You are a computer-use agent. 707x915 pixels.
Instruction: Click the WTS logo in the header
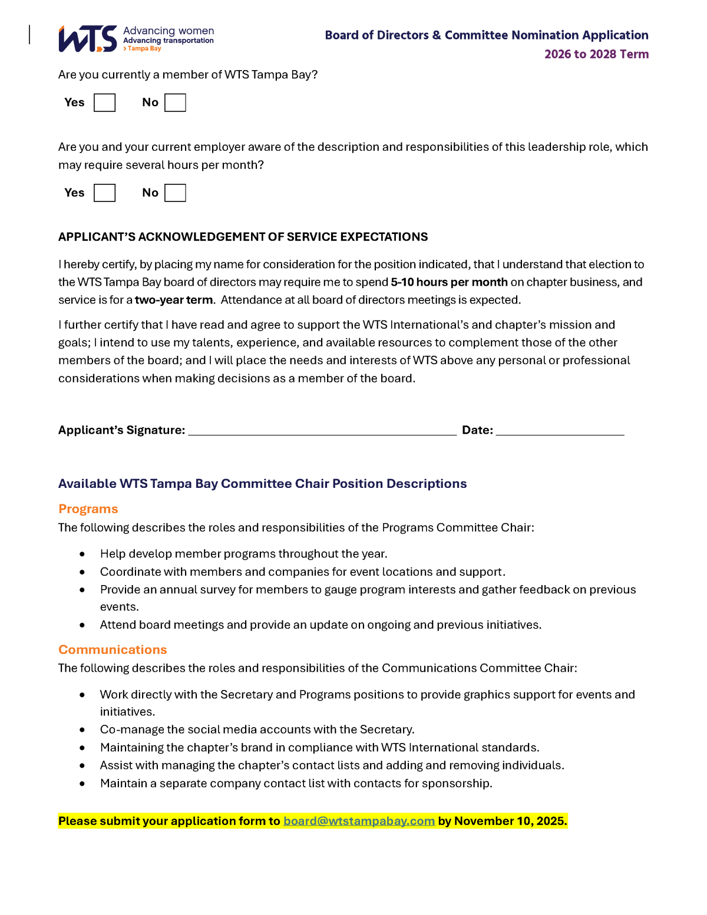click(88, 39)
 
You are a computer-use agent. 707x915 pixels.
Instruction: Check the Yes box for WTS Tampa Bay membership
click(104, 103)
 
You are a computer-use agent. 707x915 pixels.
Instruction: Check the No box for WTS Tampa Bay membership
click(175, 103)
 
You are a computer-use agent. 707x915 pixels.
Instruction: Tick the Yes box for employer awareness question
click(104, 193)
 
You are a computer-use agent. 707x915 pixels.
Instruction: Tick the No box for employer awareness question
click(175, 193)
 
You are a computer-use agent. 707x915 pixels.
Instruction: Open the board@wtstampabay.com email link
click(359, 821)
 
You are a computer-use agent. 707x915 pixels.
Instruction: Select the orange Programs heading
click(88, 509)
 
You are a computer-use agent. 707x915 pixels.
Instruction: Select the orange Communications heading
click(113, 649)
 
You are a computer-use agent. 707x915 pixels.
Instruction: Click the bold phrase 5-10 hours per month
click(449, 282)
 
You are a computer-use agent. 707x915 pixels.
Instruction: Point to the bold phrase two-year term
click(173, 300)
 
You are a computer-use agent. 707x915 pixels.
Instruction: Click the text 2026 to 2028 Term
click(596, 54)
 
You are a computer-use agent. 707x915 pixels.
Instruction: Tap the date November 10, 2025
click(510, 821)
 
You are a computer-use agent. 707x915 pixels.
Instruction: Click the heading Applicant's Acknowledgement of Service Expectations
click(243, 237)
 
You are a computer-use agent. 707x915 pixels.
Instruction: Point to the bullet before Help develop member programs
click(82, 554)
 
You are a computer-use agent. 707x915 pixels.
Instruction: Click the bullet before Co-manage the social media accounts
click(82, 729)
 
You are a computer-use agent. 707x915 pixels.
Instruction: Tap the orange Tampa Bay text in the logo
click(144, 49)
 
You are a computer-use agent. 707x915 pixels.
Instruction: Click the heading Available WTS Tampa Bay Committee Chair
click(262, 484)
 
